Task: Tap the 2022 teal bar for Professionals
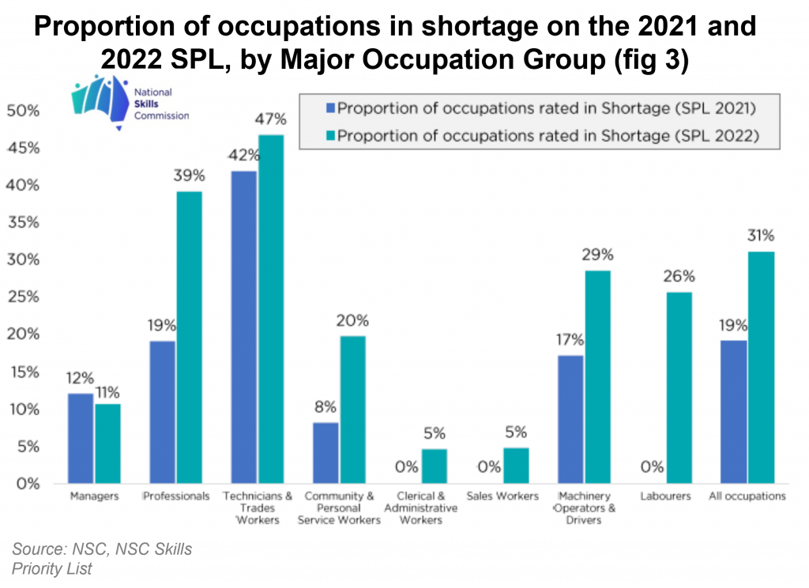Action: pos(189,337)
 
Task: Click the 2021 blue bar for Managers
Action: pos(81,438)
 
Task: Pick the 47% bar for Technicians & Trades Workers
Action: pos(270,309)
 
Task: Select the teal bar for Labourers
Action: pos(679,387)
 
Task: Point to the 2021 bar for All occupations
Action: pos(734,412)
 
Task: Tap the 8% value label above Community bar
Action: pos(325,408)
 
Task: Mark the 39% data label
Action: pos(188,178)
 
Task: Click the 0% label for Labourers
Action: pos(652,467)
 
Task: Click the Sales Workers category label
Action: pos(502,496)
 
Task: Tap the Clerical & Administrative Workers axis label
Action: pos(420,508)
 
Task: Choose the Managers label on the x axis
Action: pos(94,496)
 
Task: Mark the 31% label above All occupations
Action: pos(761,236)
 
